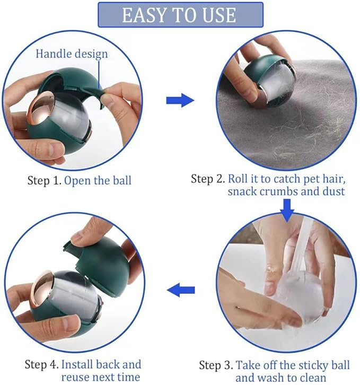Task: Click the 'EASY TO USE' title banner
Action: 180,15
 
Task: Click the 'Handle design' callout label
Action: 72,54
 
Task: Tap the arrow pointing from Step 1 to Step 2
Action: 180,100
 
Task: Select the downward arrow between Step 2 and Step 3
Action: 287,209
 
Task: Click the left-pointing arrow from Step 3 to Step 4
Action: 181,290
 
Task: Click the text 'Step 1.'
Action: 44,180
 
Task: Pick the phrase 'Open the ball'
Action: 98,180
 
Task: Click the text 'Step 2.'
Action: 208,178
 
